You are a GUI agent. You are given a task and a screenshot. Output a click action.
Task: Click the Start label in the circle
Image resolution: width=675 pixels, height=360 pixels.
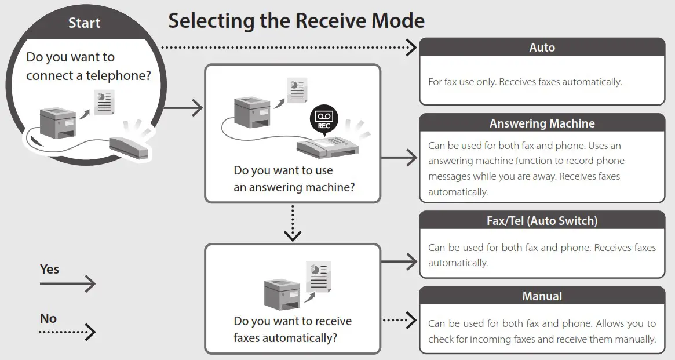[x=84, y=23]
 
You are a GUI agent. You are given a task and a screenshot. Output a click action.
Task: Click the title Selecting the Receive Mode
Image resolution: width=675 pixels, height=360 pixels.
[x=296, y=21]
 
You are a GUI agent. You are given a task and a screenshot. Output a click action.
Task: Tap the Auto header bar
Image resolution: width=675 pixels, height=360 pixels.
[x=542, y=48]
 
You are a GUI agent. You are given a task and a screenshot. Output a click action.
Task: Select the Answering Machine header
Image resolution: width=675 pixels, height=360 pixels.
[x=542, y=123]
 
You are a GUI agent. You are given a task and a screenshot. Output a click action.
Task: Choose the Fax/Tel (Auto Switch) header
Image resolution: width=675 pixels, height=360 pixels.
[x=542, y=221]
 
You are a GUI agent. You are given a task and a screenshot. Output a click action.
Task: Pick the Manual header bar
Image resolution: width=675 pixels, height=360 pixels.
[x=542, y=296]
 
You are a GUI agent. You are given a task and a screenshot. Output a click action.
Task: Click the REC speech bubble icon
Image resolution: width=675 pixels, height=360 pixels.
[x=323, y=119]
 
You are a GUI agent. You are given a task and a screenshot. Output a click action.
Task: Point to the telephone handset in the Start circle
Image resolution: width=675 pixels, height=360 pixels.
[x=129, y=143]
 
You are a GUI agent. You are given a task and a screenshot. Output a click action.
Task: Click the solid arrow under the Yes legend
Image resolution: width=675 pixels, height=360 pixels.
[x=67, y=283]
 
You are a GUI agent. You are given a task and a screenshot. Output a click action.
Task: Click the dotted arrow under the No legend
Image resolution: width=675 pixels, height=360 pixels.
[x=67, y=333]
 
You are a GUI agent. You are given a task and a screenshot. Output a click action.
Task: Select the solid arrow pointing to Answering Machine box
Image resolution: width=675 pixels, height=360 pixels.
[x=400, y=157]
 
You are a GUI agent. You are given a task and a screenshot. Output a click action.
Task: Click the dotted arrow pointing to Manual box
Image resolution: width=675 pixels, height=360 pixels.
[x=400, y=319]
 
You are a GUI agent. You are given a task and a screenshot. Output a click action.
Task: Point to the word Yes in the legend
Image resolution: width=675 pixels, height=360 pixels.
[x=49, y=269]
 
